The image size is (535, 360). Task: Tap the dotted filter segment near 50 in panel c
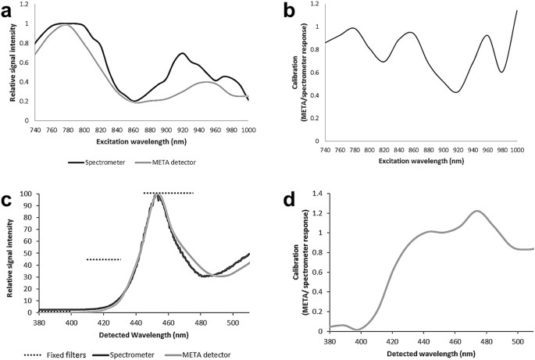point(103,259)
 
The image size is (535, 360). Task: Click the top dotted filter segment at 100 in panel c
point(168,192)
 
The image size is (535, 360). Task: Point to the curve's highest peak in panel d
point(477,211)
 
